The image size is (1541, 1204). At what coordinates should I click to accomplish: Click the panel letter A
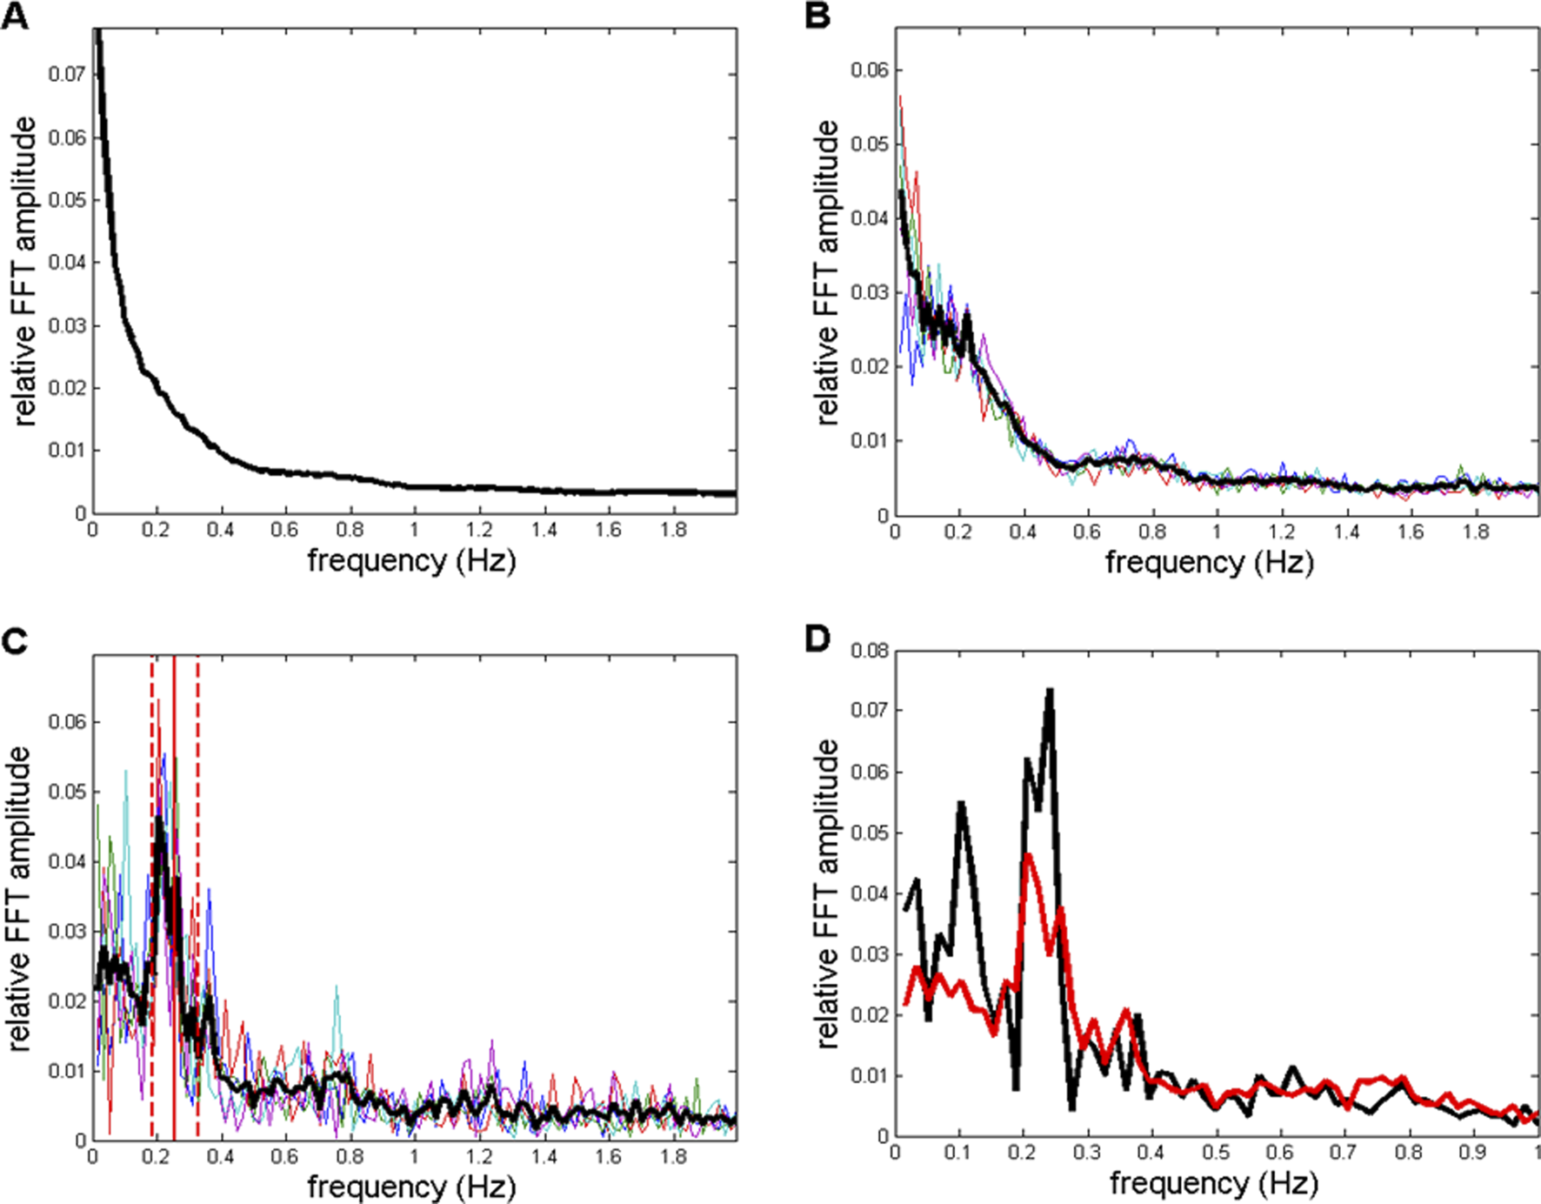[15, 16]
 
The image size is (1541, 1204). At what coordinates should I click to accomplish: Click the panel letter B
[817, 16]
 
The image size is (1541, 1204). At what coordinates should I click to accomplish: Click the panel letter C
[15, 642]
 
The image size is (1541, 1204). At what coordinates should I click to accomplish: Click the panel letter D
[817, 639]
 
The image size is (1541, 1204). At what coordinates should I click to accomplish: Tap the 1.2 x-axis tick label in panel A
[478, 530]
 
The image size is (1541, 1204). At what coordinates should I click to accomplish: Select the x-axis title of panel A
[411, 560]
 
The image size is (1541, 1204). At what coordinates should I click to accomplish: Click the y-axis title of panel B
[827, 272]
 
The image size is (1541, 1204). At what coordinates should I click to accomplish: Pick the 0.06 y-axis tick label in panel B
[869, 70]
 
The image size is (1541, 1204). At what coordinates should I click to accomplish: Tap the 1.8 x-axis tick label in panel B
[1476, 532]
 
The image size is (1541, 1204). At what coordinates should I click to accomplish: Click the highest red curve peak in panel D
[1028, 856]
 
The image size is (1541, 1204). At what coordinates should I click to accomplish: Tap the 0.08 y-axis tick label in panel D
[869, 651]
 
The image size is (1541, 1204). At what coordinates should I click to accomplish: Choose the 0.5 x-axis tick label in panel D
[1216, 1153]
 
